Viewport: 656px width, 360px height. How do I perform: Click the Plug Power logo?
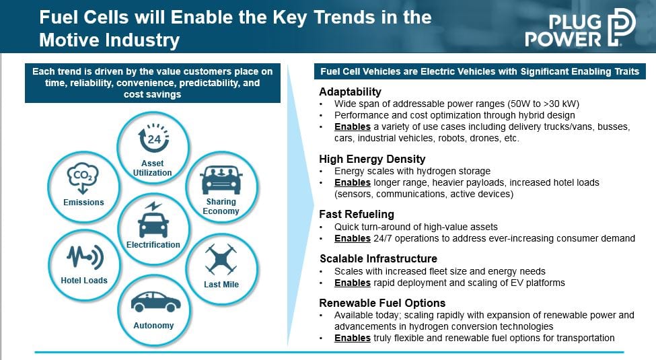[580, 27]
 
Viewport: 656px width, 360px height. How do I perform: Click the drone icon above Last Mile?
[221, 259]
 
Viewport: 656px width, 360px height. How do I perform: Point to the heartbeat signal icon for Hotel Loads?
[85, 256]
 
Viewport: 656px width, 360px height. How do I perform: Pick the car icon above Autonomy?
[155, 301]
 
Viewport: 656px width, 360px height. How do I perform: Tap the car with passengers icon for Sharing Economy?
[221, 180]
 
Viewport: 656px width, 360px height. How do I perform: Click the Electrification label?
[153, 244]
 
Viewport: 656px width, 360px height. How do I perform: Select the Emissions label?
[83, 202]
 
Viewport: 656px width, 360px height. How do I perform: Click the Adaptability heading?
[350, 92]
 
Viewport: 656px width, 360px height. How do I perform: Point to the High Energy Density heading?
[372, 159]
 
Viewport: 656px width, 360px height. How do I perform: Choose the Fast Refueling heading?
[357, 215]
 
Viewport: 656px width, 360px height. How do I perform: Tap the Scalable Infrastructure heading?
[378, 258]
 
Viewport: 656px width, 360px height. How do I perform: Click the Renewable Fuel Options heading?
[382, 303]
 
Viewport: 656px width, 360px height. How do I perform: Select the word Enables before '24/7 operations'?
[353, 239]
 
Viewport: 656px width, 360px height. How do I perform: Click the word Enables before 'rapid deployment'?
[353, 283]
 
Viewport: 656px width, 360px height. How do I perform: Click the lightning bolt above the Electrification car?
[153, 206]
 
